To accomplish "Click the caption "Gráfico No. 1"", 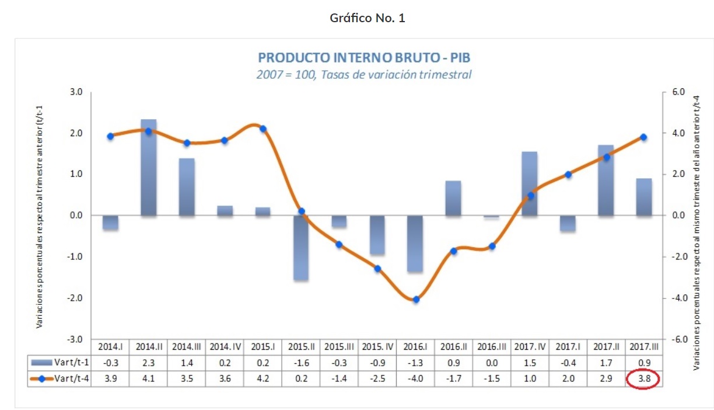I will click(367, 18).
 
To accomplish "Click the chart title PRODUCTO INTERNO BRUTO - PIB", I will click(364, 58).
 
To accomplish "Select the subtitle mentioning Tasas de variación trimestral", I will click(364, 75).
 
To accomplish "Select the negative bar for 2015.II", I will click(301, 248).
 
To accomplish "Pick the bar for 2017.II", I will click(605, 181).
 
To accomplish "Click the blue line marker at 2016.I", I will click(416, 300).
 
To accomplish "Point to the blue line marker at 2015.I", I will click(263, 128).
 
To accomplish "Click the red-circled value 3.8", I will click(642, 378).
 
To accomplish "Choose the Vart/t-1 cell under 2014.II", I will click(149, 363).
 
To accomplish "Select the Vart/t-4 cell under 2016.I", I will click(416, 378).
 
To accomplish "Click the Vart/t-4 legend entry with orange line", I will click(60, 378).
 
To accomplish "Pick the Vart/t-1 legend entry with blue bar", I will click(60, 363).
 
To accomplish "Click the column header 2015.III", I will click(339, 347).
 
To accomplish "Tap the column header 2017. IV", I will click(530, 347).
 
